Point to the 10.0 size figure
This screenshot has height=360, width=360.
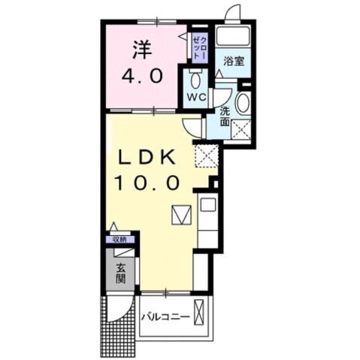147,183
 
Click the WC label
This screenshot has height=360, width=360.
195,98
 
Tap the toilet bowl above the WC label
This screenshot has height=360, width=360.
196,79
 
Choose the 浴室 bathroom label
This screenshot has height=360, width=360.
233,62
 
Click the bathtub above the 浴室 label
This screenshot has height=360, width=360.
232,37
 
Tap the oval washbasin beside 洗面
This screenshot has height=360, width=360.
244,104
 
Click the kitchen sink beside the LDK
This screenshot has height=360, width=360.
209,205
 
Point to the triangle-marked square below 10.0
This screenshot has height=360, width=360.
181,216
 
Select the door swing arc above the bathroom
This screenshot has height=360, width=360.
233,14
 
